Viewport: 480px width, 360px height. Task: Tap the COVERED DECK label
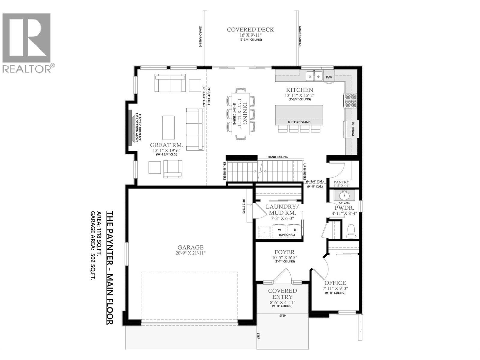coord(250,30)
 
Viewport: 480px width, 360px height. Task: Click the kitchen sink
coord(314,76)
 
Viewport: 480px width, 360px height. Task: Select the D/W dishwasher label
coord(329,77)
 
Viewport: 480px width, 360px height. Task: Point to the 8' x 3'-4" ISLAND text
coord(299,122)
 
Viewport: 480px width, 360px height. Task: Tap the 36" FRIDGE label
coord(353,129)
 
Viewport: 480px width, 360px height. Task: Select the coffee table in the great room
coord(168,127)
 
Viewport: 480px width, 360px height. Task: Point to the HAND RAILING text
coord(277,157)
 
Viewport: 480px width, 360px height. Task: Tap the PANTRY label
coord(341,182)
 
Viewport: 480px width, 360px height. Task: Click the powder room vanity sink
coord(344,196)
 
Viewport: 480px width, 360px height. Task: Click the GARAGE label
coord(190,247)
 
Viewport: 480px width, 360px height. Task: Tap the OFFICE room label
coord(335,283)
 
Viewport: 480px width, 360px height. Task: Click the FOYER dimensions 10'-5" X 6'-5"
coord(284,257)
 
